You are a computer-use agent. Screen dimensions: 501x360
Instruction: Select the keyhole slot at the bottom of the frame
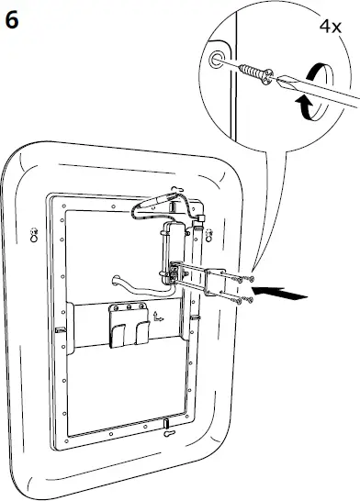pos(166,424)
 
